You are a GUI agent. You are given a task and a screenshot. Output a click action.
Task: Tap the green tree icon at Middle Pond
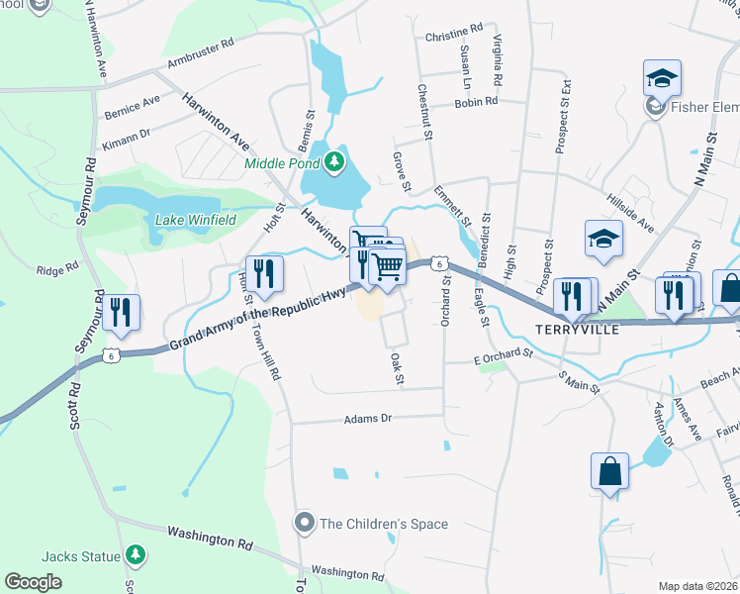[337, 161]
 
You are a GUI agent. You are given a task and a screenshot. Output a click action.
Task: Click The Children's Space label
[384, 524]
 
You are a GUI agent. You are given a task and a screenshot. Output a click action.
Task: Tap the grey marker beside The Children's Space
[305, 522]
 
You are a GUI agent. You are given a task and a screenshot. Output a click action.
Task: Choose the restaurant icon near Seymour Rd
[122, 312]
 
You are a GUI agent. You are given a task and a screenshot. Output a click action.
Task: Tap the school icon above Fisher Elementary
[663, 78]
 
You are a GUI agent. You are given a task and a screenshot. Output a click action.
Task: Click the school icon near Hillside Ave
[602, 239]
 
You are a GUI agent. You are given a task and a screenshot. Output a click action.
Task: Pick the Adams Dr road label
[368, 419]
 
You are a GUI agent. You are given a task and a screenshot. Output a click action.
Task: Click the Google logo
[33, 582]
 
